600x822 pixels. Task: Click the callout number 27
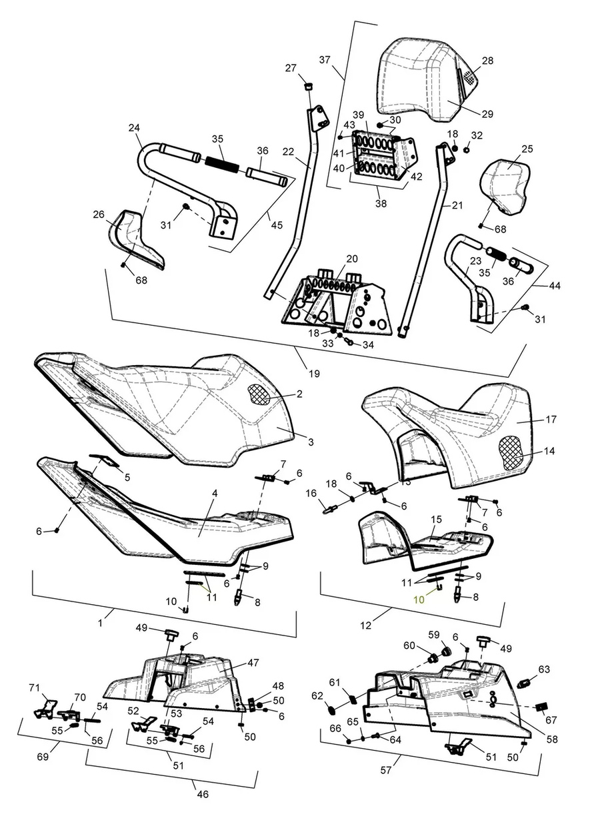pos(291,68)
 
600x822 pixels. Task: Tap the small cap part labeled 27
pos(309,85)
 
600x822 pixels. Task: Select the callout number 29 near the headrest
pos(487,114)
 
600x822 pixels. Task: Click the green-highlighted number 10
pos(419,599)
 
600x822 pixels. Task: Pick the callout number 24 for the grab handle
pos(134,127)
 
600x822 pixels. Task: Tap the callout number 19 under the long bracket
pos(314,374)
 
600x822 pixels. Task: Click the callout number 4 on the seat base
pos(215,493)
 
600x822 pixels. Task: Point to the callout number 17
pos(551,420)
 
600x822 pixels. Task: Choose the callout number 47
pos(253,663)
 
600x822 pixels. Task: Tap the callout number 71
pos(33,687)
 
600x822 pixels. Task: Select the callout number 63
pos(544,669)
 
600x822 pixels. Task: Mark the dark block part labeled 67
pos(542,707)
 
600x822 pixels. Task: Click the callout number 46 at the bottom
pos(203,794)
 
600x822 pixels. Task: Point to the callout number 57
pos(387,769)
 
